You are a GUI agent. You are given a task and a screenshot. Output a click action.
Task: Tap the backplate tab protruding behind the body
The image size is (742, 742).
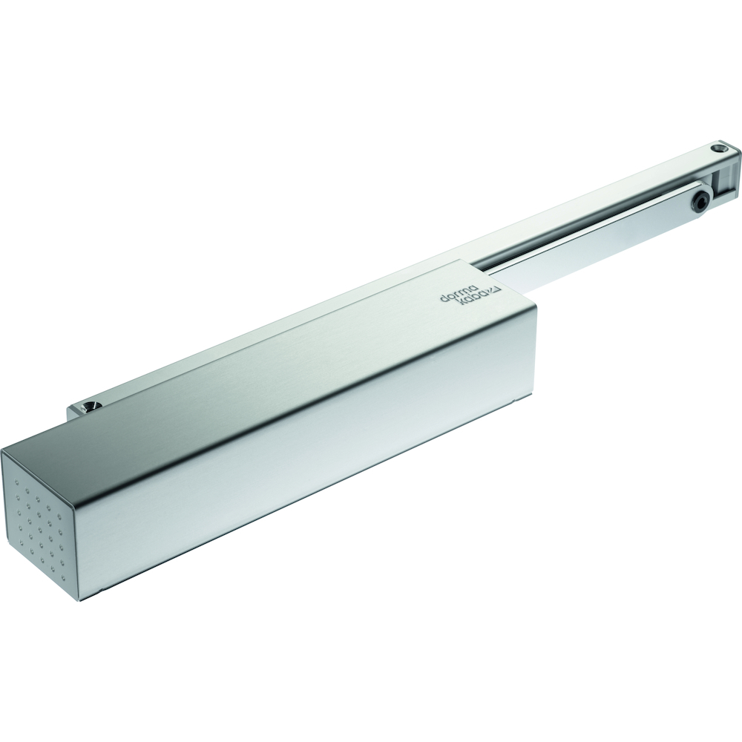tap(82, 410)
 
